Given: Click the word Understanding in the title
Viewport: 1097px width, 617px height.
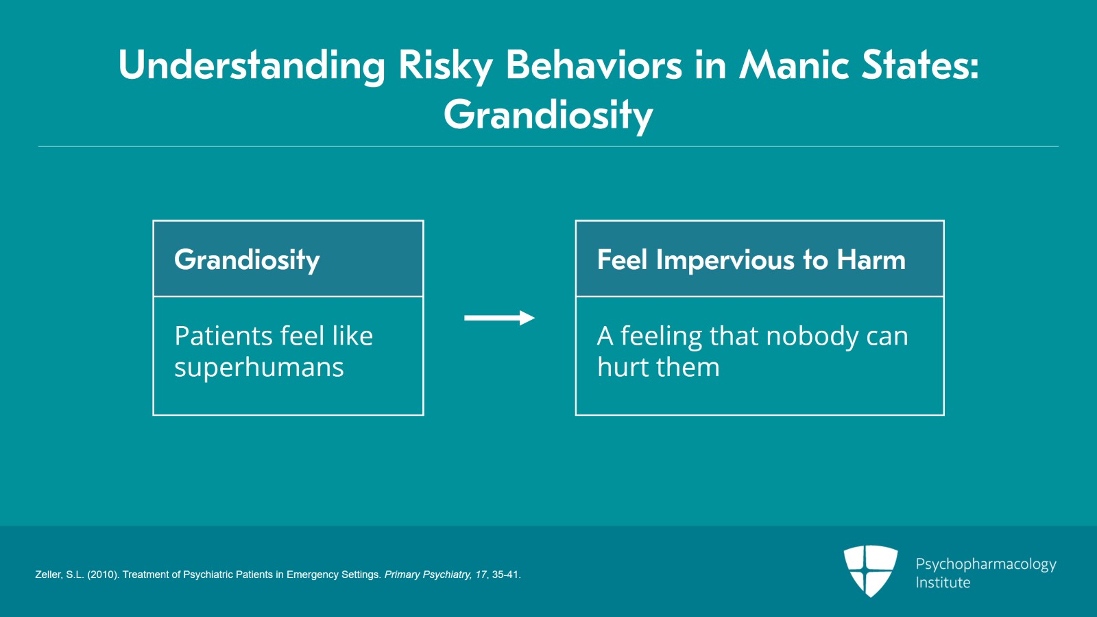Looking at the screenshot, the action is pos(252,66).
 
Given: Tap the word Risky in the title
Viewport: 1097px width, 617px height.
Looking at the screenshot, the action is pos(445,66).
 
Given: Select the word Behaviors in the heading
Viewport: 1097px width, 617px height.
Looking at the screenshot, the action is pos(594,65).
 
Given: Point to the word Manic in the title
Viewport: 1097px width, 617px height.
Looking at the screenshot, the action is pos(794,65).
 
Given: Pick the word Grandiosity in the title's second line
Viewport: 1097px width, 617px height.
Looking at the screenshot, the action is pos(548,116).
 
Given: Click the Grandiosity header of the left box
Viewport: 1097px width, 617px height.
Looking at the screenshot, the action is pos(247,259).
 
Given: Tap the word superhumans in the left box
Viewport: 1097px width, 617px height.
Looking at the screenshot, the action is pos(259,368).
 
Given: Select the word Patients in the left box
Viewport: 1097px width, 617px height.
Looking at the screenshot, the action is pos(222,336).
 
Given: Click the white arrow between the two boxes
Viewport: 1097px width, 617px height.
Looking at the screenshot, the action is pos(500,318).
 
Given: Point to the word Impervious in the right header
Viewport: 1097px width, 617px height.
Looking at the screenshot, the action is pos(725,259).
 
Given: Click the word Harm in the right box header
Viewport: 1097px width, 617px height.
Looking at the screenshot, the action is pos(871,259).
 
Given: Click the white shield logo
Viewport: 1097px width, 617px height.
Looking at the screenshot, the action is pos(870,571).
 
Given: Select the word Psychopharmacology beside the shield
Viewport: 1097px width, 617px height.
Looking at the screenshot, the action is pos(986,565).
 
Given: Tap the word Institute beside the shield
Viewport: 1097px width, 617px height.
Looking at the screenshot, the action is pos(943,583).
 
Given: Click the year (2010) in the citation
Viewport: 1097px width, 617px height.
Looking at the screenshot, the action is pos(104,574).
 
